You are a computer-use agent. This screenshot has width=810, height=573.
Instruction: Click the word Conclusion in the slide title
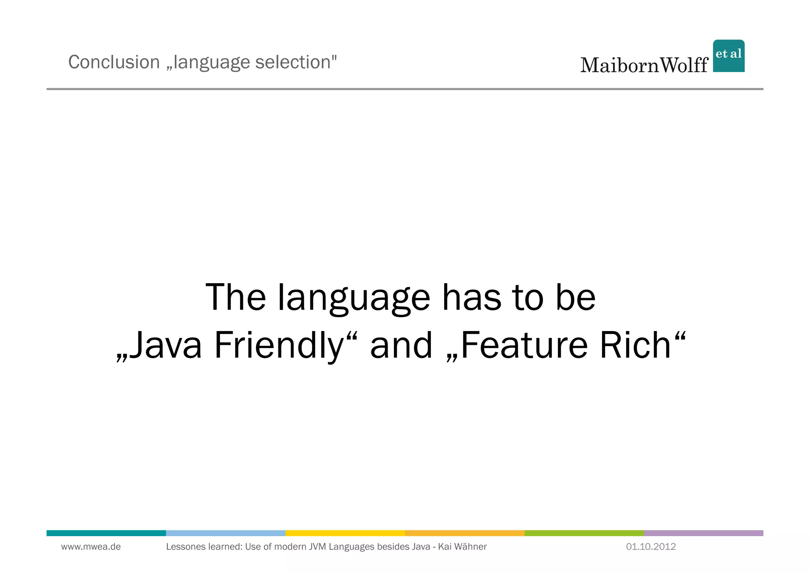pos(114,62)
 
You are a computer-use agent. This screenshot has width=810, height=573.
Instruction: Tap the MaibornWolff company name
pos(644,65)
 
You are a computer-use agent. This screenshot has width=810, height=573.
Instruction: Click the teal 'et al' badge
pos(729,56)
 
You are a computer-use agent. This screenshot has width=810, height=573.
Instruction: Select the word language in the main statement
pos(354,298)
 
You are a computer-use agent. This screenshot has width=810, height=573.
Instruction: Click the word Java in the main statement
pos(166,345)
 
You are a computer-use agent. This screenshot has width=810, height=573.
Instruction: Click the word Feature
pos(524,345)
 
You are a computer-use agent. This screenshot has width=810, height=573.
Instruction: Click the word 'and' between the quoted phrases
pos(401,345)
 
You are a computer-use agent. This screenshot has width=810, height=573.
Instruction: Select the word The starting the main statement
pos(236,298)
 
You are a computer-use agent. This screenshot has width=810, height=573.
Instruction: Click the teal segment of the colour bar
pos(106,533)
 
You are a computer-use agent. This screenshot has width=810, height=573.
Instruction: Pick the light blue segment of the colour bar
pos(225,533)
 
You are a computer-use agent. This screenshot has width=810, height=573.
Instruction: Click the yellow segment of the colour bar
pos(345,533)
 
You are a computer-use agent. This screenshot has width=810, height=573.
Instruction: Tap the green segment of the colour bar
pos(584,533)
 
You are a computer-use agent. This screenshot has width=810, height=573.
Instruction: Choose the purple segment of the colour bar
pos(703,533)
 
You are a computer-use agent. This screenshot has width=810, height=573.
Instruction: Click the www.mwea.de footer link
pos(91,547)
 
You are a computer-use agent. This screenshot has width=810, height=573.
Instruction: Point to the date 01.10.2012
pos(651,547)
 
